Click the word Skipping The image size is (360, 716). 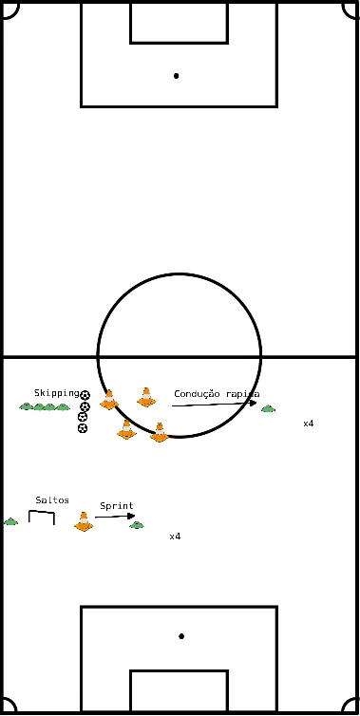(56, 392)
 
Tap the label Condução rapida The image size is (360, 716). (217, 393)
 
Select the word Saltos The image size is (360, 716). (51, 499)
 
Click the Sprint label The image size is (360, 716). (117, 506)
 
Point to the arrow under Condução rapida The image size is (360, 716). (214, 405)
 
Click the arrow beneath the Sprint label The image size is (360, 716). (115, 518)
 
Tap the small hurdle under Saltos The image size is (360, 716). (42, 518)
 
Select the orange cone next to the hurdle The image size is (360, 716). (84, 520)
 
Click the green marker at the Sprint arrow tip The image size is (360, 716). (137, 524)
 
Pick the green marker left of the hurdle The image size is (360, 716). (10, 521)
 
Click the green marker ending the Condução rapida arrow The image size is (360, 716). (268, 409)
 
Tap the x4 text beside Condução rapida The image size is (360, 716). (309, 424)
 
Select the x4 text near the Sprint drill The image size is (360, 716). (175, 537)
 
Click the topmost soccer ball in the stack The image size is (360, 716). (85, 395)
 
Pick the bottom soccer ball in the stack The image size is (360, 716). (83, 428)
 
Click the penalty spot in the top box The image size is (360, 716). (177, 75)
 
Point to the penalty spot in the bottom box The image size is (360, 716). (180, 636)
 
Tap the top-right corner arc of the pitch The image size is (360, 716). (351, 9)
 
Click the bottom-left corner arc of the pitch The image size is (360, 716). (9, 707)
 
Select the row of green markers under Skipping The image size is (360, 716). (45, 407)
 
